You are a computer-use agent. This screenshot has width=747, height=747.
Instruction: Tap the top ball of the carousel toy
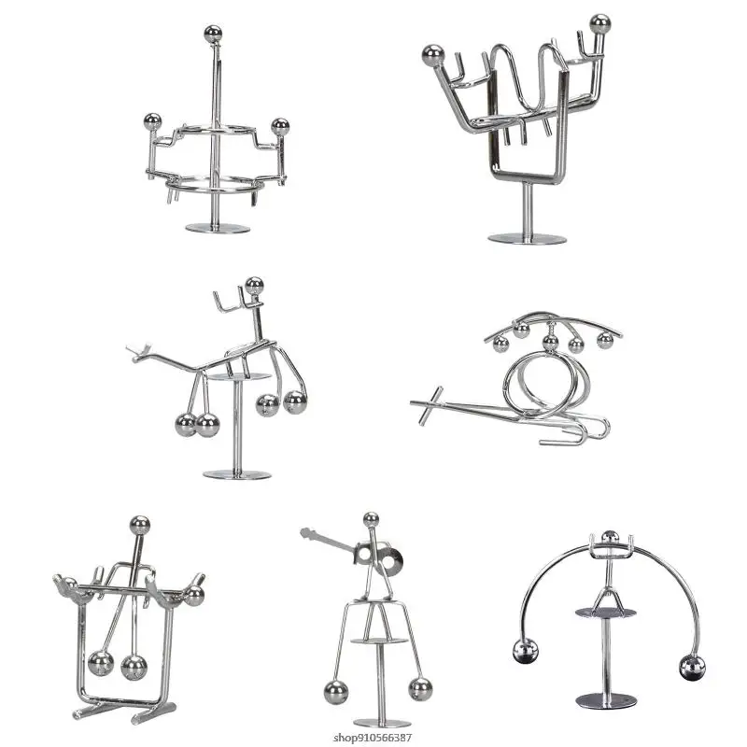(x=213, y=33)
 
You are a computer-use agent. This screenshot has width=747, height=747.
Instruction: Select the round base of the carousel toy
(x=218, y=229)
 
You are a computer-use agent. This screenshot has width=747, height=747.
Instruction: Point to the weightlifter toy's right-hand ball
(x=600, y=21)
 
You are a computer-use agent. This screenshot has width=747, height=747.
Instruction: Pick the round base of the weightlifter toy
(x=527, y=238)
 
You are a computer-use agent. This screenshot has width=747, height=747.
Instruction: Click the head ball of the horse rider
(x=254, y=286)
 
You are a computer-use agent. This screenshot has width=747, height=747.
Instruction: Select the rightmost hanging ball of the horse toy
(x=295, y=402)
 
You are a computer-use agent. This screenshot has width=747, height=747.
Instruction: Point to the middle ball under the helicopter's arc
(x=551, y=343)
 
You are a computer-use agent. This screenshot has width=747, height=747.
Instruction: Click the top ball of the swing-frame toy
(x=140, y=524)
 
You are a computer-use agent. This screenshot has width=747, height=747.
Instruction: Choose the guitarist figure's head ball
(x=371, y=519)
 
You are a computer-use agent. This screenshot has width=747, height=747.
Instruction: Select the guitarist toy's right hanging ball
(x=420, y=689)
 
